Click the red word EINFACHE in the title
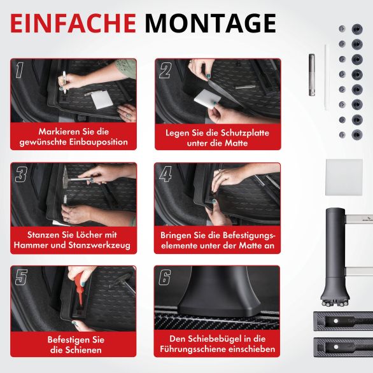(73, 24)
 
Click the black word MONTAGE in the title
(211, 24)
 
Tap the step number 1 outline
(20, 70)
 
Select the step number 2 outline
(165, 71)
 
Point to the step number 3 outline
(21, 174)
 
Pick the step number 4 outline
(165, 174)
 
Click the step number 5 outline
(21, 277)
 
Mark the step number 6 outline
(165, 277)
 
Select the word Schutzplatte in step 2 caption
(245, 132)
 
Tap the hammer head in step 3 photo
(65, 177)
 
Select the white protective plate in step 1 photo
(102, 99)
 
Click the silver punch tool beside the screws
(312, 75)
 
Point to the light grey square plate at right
(344, 178)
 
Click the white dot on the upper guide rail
(335, 321)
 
